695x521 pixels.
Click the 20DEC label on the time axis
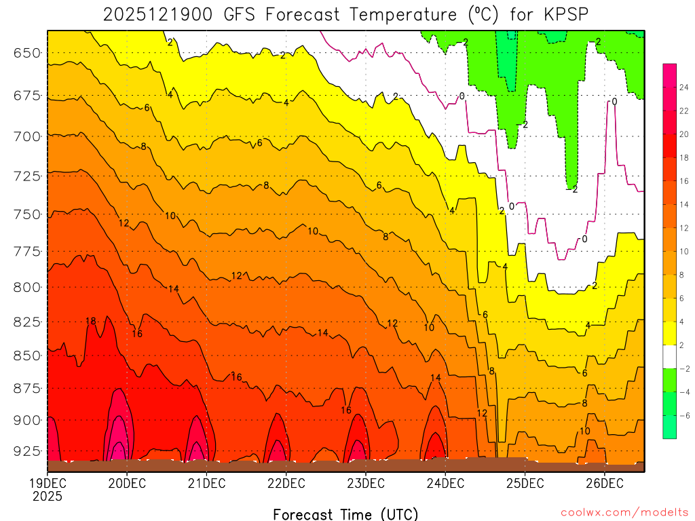pyautogui.click(x=126, y=484)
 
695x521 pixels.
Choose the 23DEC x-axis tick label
pyautogui.click(x=365, y=484)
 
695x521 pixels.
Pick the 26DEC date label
pyautogui.click(x=604, y=484)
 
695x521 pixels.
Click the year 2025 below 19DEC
pyautogui.click(x=47, y=497)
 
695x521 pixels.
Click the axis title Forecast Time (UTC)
pyautogui.click(x=345, y=514)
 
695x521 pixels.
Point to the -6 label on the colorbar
pyautogui.click(x=685, y=415)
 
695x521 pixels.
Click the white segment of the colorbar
pyautogui.click(x=669, y=357)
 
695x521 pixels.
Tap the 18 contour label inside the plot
pyautogui.click(x=91, y=321)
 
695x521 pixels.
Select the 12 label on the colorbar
pyautogui.click(x=685, y=228)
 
